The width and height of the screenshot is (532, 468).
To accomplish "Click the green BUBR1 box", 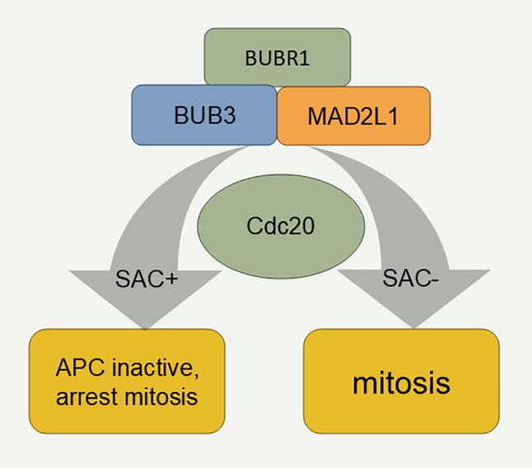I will click(277, 58).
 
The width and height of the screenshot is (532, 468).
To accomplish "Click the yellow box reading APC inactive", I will click(127, 381).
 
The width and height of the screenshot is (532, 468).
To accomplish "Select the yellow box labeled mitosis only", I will click(402, 381).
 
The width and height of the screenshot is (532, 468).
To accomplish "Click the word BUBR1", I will click(277, 58).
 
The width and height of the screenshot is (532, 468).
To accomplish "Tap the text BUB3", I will click(205, 115).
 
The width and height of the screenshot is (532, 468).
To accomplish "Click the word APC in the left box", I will click(79, 366).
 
